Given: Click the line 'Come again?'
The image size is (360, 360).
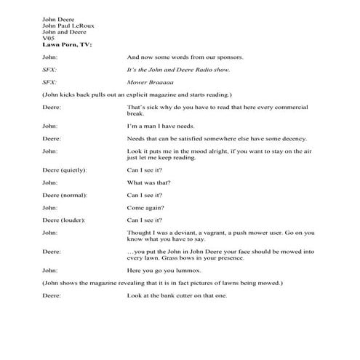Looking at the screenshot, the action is (x=147, y=208).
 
